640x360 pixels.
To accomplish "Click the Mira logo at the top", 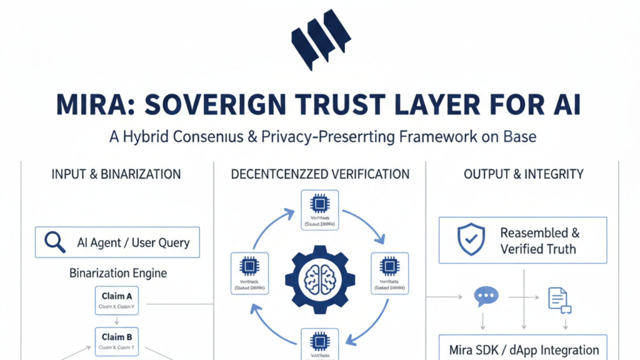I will click(320, 39).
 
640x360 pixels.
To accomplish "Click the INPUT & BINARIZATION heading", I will click(116, 174).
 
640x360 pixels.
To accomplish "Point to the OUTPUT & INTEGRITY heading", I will click(523, 174).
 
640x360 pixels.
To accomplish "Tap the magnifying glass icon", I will click(54, 242).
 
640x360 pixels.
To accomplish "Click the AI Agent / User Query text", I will click(133, 243).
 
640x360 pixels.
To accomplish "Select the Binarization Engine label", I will click(118, 273).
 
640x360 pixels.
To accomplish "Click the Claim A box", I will click(117, 300).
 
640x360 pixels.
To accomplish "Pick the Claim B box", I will click(117, 341).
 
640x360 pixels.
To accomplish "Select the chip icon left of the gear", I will click(248, 266).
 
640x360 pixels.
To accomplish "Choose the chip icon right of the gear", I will click(389, 266).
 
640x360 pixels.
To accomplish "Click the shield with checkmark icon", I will click(471, 239).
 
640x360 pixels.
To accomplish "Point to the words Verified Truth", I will click(538, 248).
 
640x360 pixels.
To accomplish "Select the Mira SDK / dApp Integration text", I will click(523, 350).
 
